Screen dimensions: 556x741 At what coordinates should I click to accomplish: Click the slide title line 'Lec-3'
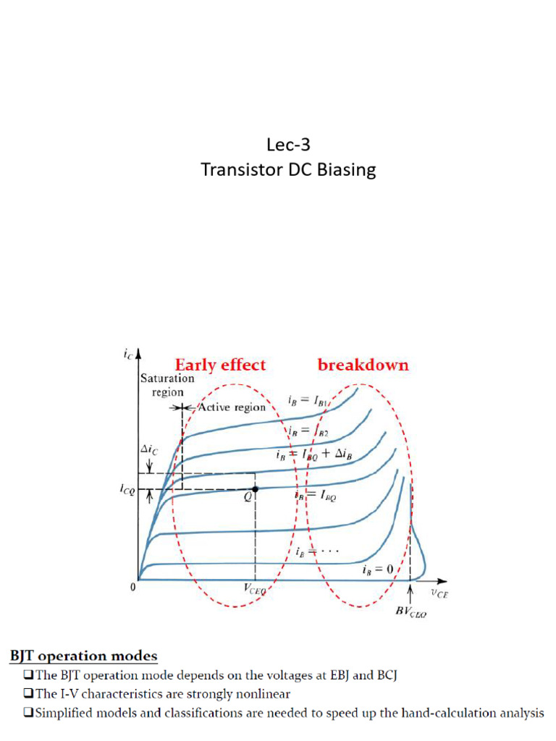(x=288, y=145)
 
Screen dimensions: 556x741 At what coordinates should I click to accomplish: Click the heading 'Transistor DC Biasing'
(x=288, y=169)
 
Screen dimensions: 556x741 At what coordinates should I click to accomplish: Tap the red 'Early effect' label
(x=220, y=365)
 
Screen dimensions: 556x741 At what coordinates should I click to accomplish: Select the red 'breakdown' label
(x=363, y=365)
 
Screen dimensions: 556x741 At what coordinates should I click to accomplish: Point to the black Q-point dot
(x=256, y=489)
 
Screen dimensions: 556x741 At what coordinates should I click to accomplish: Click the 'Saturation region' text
(x=167, y=385)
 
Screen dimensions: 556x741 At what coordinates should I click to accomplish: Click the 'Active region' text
(x=232, y=407)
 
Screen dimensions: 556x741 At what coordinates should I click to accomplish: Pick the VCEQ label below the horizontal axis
(x=255, y=589)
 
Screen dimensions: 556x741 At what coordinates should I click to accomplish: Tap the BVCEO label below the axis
(x=411, y=611)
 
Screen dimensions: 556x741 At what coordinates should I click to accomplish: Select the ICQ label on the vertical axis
(x=127, y=489)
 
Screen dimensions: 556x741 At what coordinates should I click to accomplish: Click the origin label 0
(x=133, y=587)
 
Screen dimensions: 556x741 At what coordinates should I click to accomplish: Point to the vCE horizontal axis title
(x=439, y=593)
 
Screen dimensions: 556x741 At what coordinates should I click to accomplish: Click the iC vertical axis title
(x=129, y=355)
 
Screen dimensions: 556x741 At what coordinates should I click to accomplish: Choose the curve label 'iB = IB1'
(x=307, y=401)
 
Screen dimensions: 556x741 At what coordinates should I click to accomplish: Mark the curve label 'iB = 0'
(x=378, y=569)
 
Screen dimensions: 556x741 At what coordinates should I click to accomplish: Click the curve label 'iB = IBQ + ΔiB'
(x=314, y=454)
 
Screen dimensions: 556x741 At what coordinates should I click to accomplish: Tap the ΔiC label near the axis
(x=149, y=449)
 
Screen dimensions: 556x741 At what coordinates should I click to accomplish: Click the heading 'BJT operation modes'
(x=84, y=656)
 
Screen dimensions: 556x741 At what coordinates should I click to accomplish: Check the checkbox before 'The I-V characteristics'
(x=28, y=693)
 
